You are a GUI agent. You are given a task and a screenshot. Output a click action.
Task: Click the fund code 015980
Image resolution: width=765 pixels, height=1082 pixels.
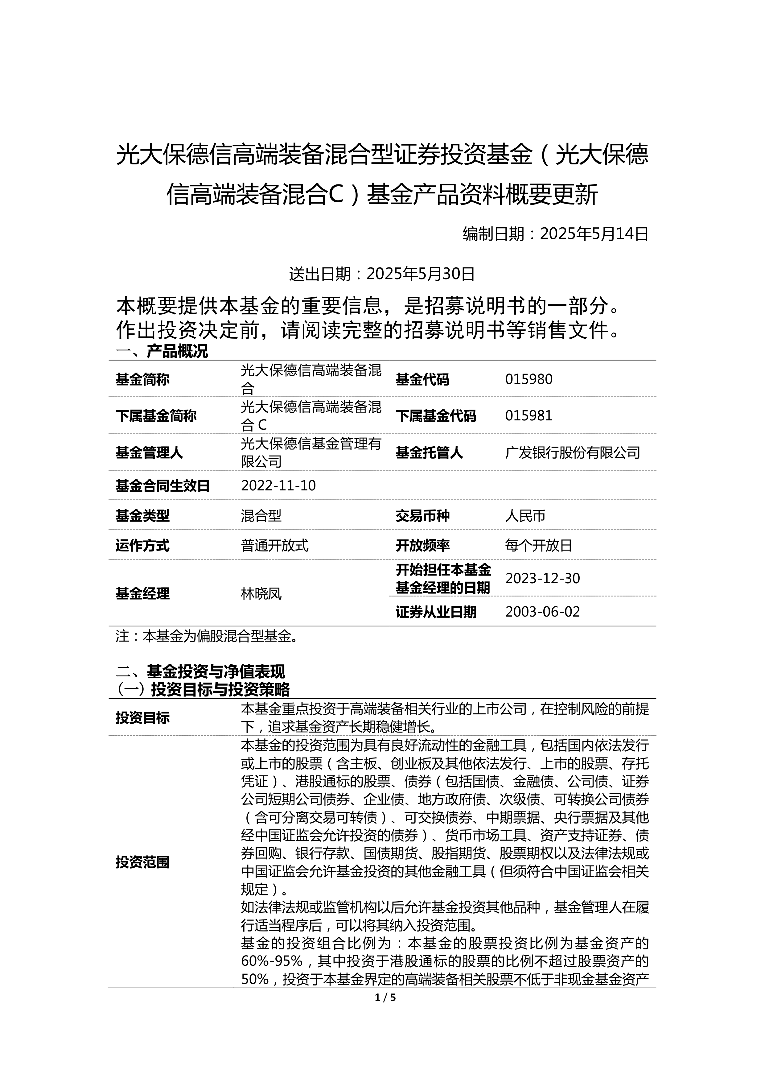pos(529,379)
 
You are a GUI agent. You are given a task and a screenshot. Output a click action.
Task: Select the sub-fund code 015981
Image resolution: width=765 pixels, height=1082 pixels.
pos(529,416)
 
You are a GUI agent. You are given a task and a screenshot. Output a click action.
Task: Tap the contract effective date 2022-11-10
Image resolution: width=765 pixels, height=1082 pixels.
pos(278,485)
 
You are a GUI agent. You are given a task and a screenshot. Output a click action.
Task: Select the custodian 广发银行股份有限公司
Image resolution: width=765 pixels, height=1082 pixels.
pos(572,452)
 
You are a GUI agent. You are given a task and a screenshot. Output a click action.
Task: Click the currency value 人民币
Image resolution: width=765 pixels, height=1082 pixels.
pos(525,516)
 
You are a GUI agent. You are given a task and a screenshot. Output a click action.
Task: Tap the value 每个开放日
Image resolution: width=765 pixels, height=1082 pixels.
pos(538,546)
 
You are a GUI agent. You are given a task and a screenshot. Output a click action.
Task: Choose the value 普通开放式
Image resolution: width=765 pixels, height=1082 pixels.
pos(275,546)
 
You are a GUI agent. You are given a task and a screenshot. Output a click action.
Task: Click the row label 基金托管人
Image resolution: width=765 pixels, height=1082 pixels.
pos(429,452)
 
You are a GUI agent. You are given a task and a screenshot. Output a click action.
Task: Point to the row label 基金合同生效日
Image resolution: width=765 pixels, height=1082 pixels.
pos(162,485)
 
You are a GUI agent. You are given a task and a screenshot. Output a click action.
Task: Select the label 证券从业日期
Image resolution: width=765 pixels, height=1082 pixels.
pos(436,612)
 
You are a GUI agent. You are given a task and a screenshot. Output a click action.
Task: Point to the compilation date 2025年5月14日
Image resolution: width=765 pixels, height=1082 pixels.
pos(594,234)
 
